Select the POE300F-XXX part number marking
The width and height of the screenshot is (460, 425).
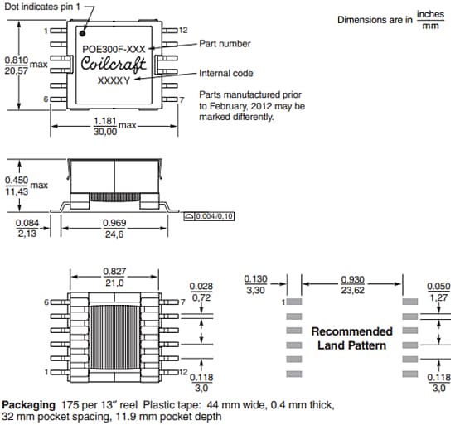(114, 49)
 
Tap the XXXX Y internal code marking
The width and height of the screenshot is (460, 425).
(114, 81)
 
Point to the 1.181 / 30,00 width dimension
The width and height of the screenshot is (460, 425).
(104, 125)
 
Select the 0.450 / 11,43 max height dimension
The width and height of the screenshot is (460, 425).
(16, 186)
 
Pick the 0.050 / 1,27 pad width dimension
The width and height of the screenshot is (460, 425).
(438, 292)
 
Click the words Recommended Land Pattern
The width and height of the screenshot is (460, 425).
(351, 338)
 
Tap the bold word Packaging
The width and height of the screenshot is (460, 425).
(27, 405)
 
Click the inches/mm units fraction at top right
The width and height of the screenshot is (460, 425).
(430, 19)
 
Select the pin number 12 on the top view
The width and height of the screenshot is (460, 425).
(183, 30)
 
